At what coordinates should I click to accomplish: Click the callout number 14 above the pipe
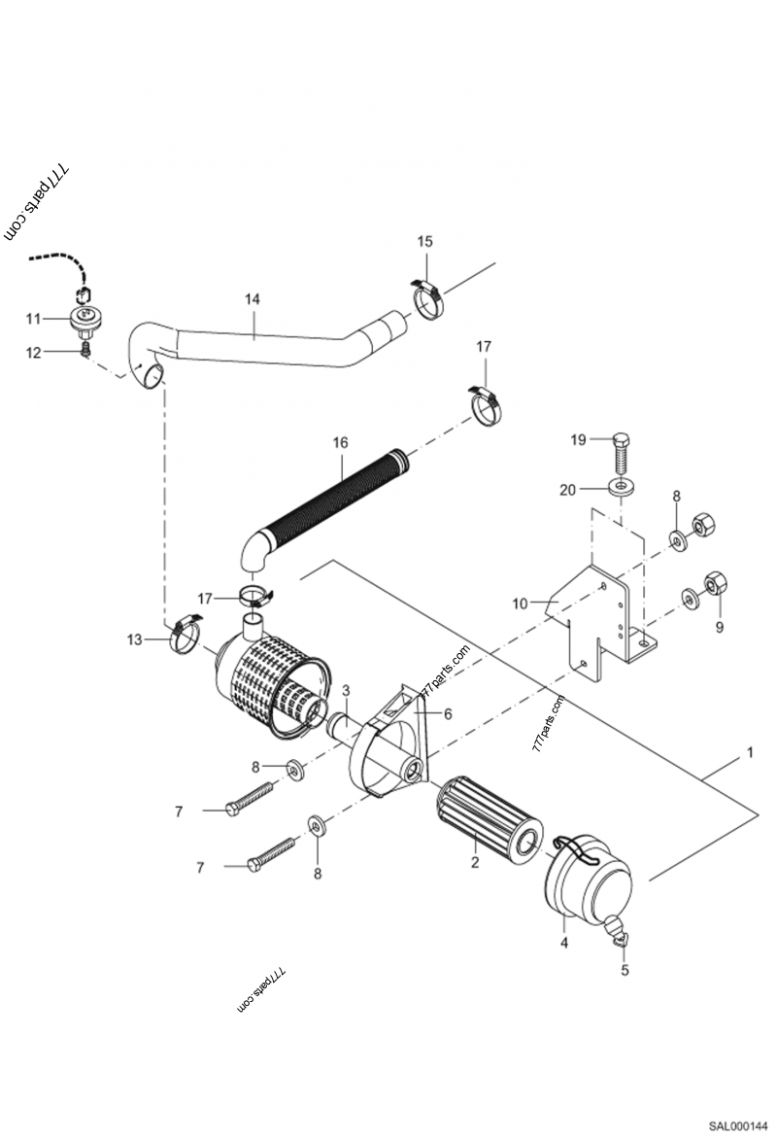coord(253,299)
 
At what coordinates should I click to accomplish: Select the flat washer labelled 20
coord(619,485)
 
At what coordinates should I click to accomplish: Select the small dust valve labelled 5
coord(620,935)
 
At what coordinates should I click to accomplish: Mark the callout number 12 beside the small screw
coord(33,353)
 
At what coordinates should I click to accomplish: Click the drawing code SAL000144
coord(737,1126)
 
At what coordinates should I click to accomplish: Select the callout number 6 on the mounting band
coord(449,713)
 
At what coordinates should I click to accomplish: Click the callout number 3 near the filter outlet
coord(346,690)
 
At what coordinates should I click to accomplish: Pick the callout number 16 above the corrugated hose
coord(340,442)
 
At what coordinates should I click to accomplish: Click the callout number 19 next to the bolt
coord(578,440)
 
